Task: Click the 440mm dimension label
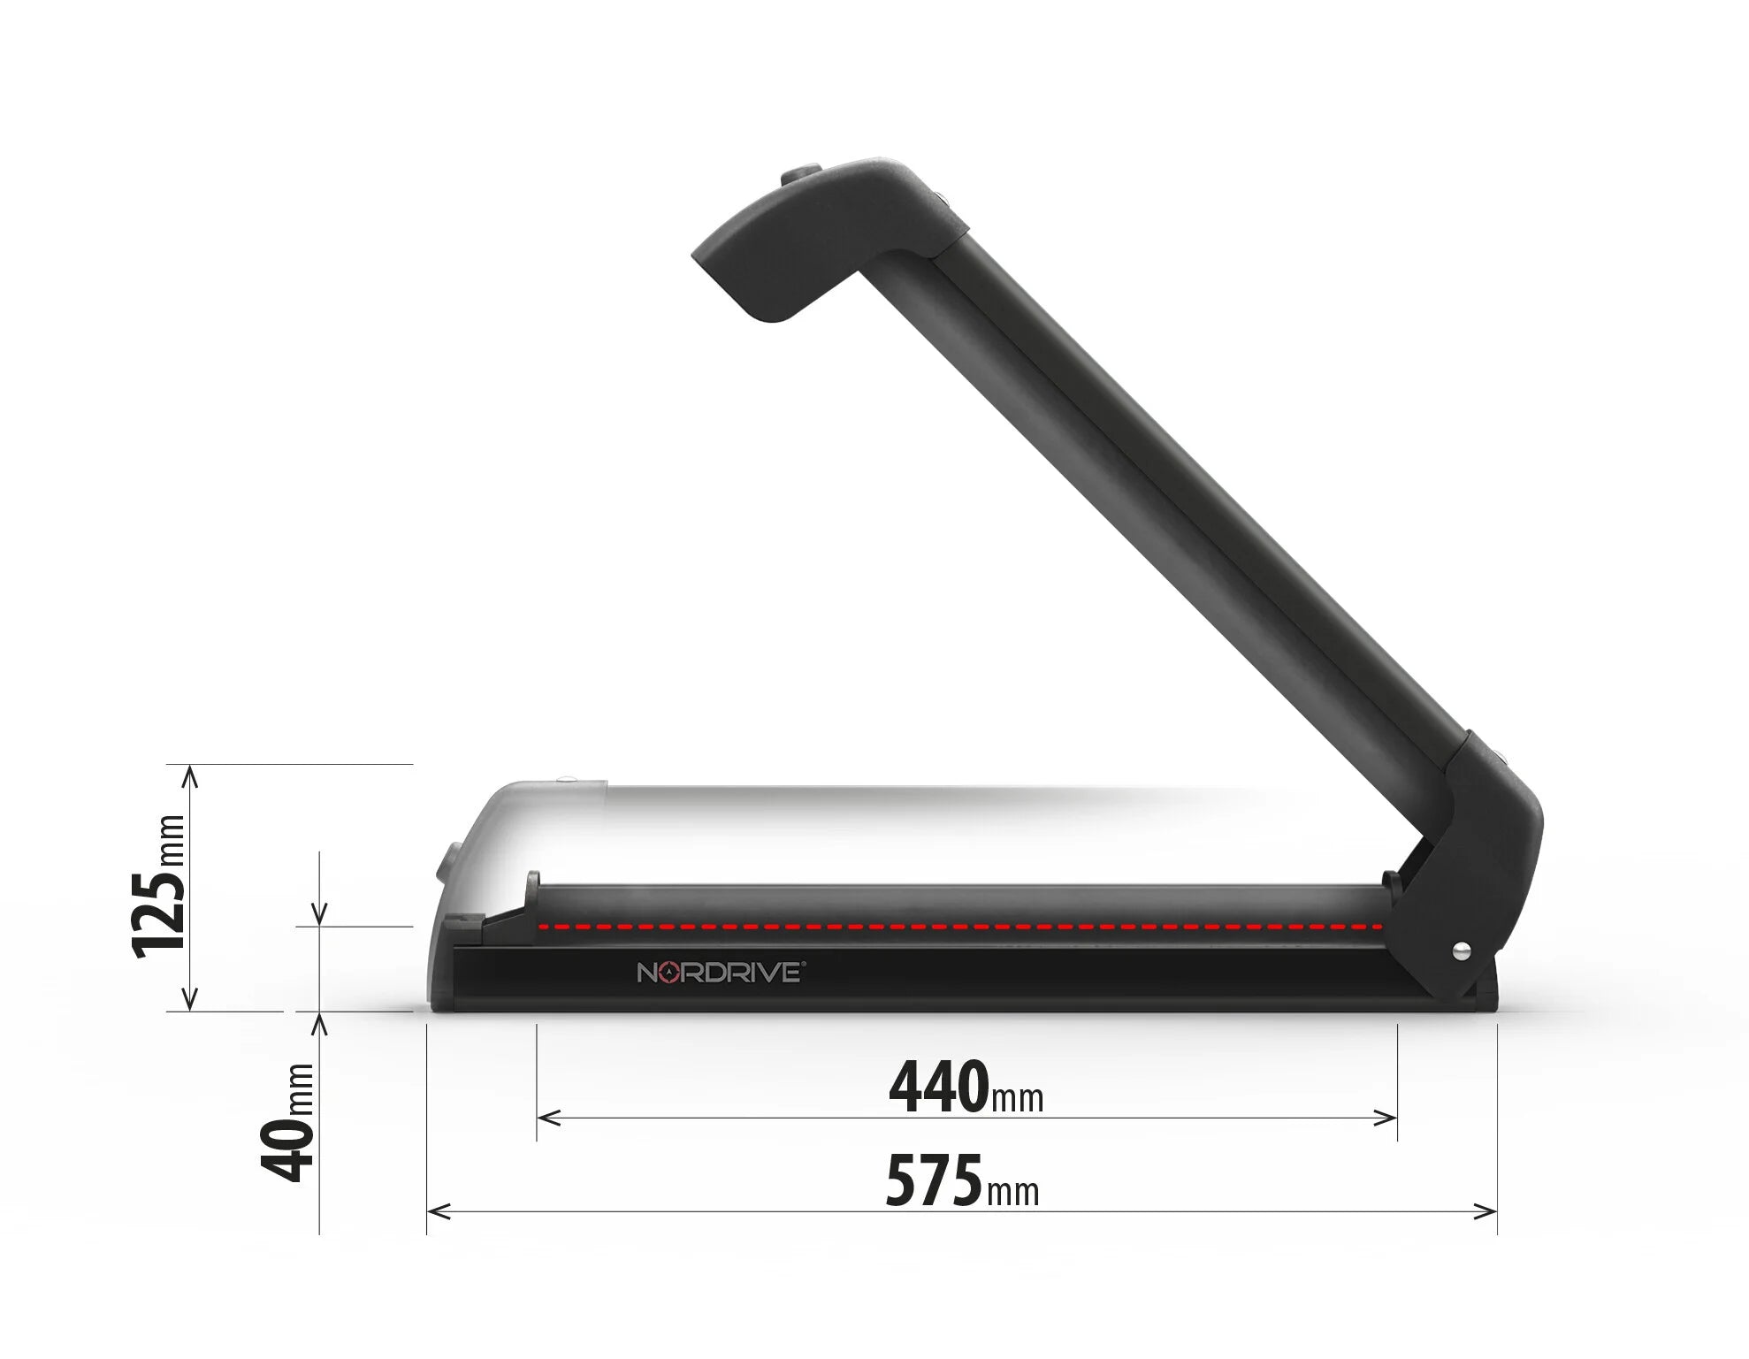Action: click(966, 1088)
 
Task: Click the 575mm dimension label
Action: click(962, 1181)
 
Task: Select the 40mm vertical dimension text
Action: click(288, 1123)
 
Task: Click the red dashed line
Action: click(959, 927)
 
